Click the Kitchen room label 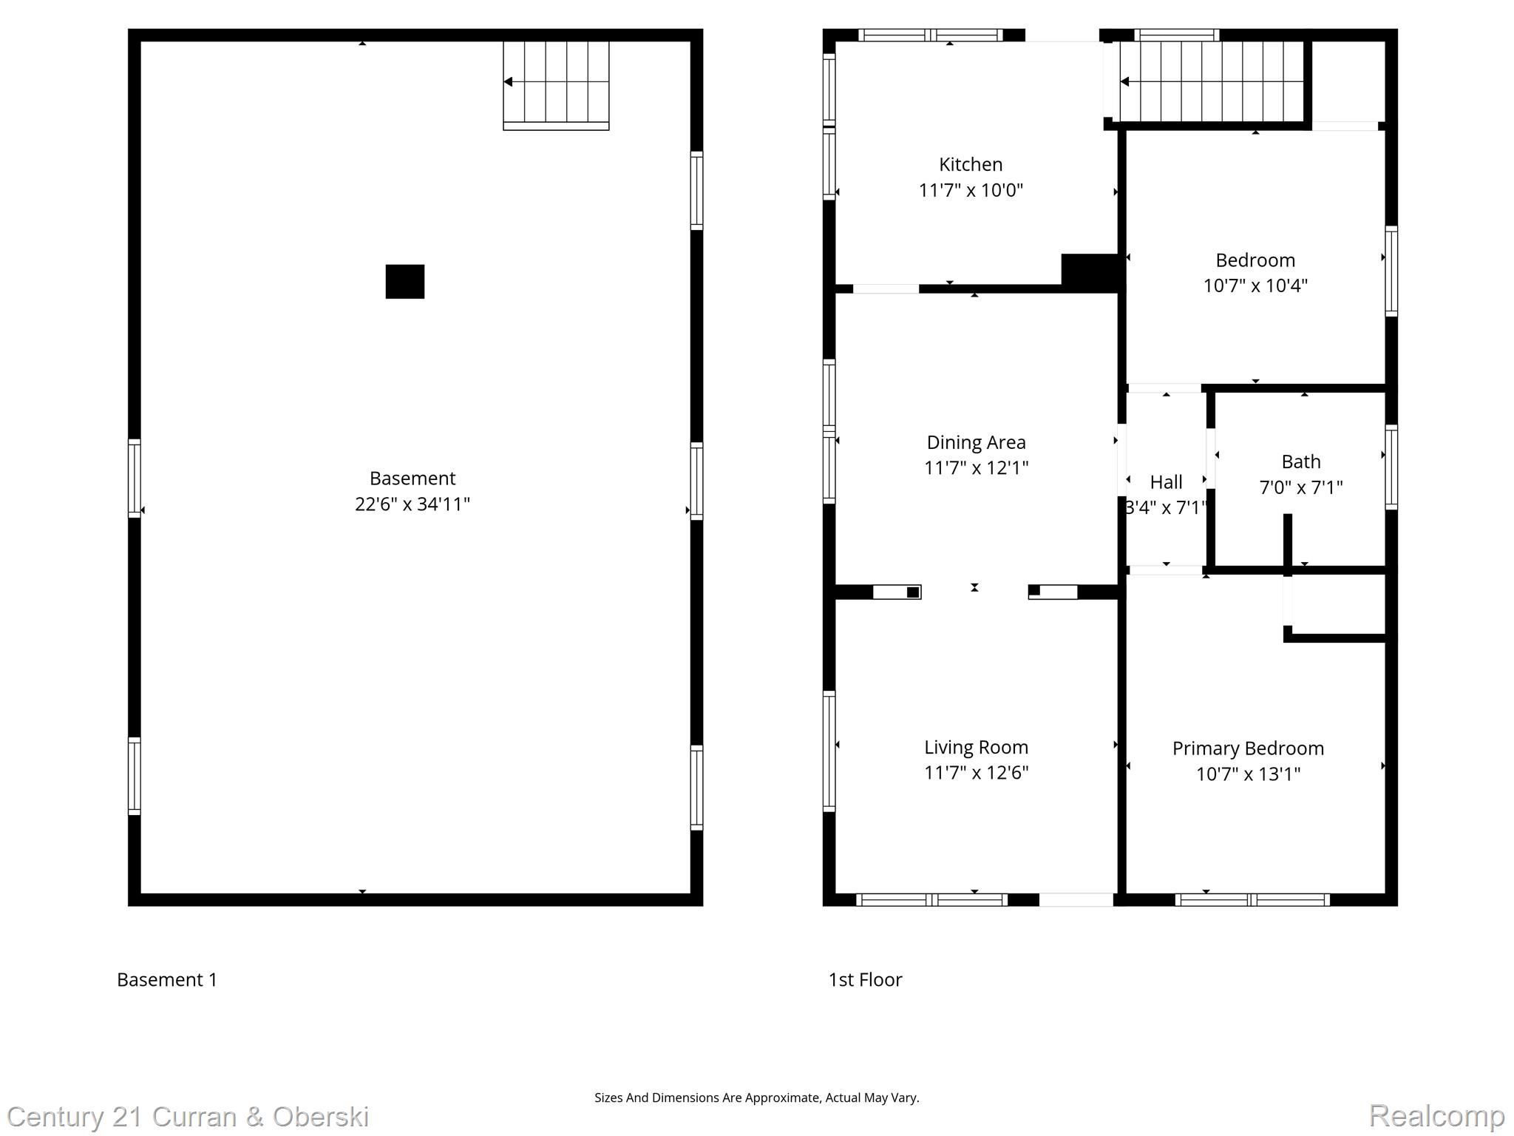click(x=970, y=164)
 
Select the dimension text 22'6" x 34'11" click(x=412, y=504)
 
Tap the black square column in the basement click(x=405, y=282)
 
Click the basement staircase click(x=556, y=83)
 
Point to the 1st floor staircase click(x=1211, y=81)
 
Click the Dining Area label click(x=976, y=442)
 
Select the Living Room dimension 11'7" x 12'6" click(x=976, y=773)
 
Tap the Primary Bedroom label click(x=1248, y=748)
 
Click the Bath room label click(x=1300, y=462)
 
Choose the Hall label click(x=1166, y=482)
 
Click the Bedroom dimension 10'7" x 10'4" click(x=1255, y=286)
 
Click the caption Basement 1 click(x=167, y=980)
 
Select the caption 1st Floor click(x=865, y=980)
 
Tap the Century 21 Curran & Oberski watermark click(x=188, y=1117)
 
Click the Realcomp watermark click(x=1436, y=1115)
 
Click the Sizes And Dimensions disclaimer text click(x=756, y=1098)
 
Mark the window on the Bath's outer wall click(x=1391, y=467)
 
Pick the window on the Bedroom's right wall click(x=1391, y=271)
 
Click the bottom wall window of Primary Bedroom click(x=1252, y=900)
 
